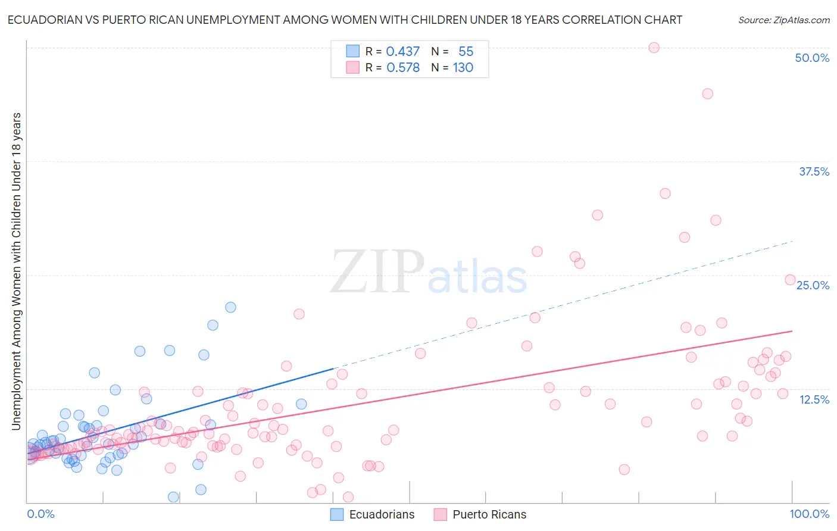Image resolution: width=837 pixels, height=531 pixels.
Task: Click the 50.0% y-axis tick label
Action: point(811,58)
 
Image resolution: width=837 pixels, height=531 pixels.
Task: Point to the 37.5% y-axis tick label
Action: point(813,171)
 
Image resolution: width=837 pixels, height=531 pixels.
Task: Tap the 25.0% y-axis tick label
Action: point(813,285)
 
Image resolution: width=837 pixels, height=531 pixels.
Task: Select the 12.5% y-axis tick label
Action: point(814,399)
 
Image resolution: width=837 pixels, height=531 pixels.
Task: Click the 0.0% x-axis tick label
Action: point(40,514)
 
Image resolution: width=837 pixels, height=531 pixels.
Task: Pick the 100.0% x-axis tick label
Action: point(809,514)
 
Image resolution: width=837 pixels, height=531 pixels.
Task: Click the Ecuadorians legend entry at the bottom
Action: point(381,514)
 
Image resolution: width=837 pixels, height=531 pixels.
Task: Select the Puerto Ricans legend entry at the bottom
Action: point(489,514)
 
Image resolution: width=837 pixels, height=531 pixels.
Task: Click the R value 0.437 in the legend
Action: point(403,52)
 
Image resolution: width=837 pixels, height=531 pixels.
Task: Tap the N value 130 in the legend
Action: point(463,68)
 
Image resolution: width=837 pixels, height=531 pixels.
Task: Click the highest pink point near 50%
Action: point(654,48)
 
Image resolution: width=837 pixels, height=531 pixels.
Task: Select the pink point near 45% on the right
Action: point(707,93)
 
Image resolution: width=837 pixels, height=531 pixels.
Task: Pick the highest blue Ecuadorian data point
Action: point(230,307)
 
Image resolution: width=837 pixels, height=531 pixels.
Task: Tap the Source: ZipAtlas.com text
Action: point(783,20)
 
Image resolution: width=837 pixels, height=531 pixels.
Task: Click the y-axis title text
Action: point(16,271)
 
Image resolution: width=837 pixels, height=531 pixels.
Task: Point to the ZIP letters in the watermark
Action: point(377,273)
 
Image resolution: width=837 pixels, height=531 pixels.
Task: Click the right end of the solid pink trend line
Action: point(792,330)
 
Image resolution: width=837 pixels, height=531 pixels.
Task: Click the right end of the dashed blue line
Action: point(792,241)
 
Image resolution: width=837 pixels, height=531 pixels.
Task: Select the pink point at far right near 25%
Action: point(790,280)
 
